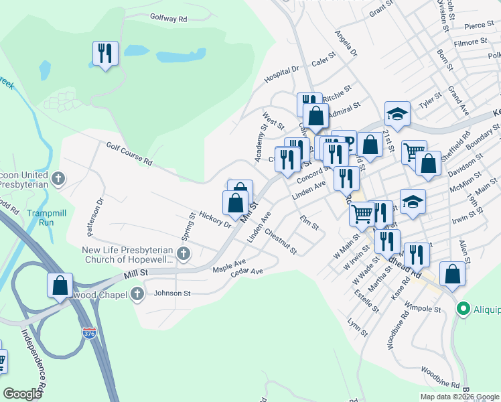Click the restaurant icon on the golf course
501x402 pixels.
pyautogui.click(x=105, y=54)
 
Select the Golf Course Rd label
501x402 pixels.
pyautogui.click(x=129, y=153)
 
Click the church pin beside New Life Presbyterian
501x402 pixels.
pyautogui.click(x=184, y=253)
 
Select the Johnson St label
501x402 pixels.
pyautogui.click(x=173, y=293)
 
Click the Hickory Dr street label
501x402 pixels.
pyautogui.click(x=214, y=220)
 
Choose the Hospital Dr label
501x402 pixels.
pyautogui.click(x=281, y=73)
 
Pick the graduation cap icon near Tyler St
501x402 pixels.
pyautogui.click(x=397, y=113)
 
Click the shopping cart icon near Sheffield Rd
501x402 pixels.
pyautogui.click(x=413, y=151)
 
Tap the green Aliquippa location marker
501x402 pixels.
pyautogui.click(x=461, y=309)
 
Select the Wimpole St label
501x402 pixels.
pyautogui.click(x=426, y=310)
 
